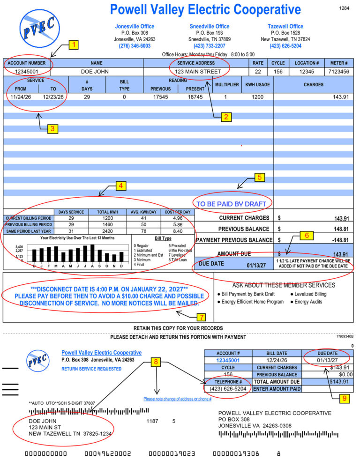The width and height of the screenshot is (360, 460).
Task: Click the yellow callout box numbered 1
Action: (74, 45)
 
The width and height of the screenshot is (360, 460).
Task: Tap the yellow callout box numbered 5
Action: (260, 178)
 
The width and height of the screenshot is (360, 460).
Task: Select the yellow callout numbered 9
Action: (345, 399)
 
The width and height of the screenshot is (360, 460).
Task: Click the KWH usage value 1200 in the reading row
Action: (256, 96)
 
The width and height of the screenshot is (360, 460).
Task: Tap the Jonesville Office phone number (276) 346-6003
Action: (135, 46)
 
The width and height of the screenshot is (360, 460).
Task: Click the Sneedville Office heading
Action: (210, 26)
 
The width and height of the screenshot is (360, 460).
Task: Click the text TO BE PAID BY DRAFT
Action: (231, 204)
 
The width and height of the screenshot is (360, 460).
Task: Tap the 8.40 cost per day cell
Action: (177, 231)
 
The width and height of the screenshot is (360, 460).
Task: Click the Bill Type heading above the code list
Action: (163, 238)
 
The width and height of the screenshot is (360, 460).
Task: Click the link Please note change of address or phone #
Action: (177, 399)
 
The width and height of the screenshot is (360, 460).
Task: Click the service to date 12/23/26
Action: (52, 96)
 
